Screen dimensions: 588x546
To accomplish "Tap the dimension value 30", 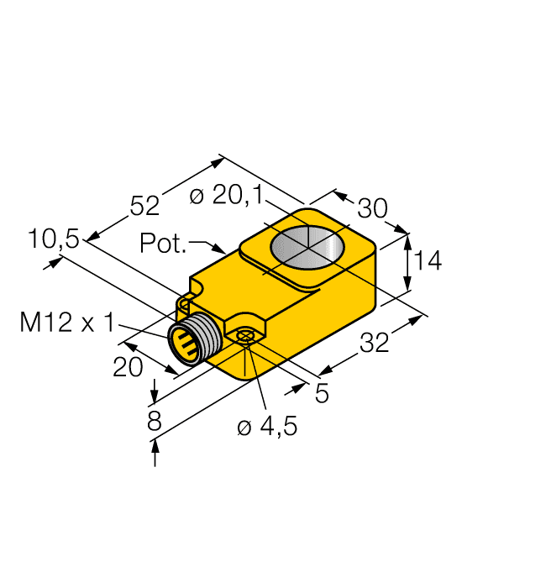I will (372, 208).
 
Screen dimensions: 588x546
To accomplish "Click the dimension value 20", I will (128, 367).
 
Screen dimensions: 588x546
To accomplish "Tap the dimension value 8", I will (154, 421).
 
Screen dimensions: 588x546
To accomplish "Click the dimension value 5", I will (322, 393).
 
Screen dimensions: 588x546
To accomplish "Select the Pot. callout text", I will (163, 244).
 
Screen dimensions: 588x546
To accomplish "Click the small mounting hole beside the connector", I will (244, 336).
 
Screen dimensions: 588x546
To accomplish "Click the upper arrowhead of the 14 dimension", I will (409, 239).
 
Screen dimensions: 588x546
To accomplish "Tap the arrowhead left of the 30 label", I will (340, 196).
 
